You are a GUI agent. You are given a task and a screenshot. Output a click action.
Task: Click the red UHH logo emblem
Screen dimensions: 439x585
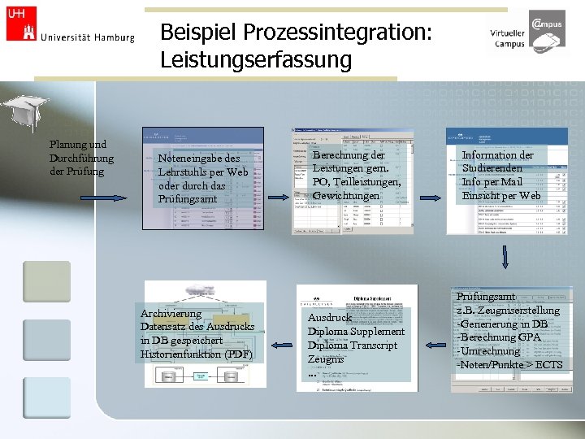[x=21, y=24]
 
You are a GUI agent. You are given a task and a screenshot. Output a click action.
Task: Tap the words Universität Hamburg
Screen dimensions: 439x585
[x=87, y=37]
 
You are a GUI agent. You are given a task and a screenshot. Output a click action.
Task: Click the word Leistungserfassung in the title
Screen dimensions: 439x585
[x=256, y=60]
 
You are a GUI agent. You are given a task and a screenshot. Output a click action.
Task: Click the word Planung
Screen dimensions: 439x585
[x=69, y=145]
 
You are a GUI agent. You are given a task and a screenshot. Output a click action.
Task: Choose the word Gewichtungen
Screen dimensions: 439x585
[x=346, y=196]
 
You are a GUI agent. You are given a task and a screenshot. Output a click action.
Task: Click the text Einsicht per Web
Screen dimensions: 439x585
[x=501, y=195]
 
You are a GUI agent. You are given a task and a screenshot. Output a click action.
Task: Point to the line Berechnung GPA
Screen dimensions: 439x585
[x=500, y=337]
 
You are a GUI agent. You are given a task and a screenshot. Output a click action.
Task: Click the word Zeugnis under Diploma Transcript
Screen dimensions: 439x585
[x=325, y=359]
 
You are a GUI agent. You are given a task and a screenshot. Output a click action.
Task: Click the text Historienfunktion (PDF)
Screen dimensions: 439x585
[x=197, y=354]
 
